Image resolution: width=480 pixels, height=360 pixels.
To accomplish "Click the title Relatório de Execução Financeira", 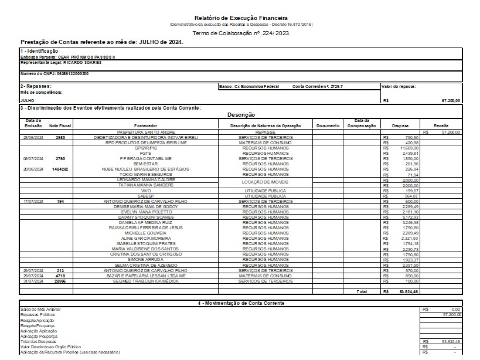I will (241, 18).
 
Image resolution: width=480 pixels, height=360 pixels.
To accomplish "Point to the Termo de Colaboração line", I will (241, 33).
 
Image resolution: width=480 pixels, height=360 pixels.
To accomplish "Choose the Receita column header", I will (441, 125).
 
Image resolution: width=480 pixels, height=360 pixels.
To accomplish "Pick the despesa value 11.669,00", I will (401, 148).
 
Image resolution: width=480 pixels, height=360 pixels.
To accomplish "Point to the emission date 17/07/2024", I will (32, 201).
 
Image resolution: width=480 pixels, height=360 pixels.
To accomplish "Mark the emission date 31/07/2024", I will (32, 280).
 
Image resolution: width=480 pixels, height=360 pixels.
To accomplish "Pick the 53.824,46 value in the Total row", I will (401, 291).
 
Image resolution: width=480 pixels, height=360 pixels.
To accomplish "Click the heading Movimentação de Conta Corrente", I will (241, 303).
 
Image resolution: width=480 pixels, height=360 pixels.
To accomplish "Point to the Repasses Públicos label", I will (39, 315).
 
